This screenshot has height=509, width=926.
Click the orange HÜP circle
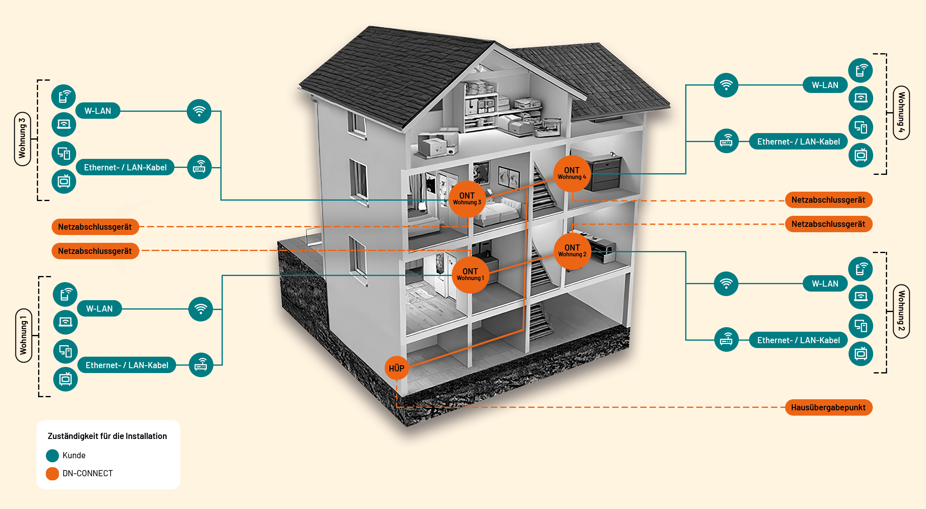[x=396, y=368]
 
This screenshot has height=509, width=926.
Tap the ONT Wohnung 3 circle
[x=467, y=199]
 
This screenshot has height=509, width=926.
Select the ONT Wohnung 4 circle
[x=572, y=174]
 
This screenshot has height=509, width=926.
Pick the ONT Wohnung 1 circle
[x=470, y=275]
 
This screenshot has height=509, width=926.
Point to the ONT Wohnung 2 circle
[x=572, y=251]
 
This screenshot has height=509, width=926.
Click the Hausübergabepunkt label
[x=829, y=407]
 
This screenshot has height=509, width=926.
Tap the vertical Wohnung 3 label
[x=22, y=139]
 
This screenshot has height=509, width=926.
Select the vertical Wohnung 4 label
[x=901, y=113]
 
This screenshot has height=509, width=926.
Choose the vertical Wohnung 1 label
[x=23, y=335]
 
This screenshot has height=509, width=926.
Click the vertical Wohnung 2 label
[x=901, y=311]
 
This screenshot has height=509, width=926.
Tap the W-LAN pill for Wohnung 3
[x=98, y=111]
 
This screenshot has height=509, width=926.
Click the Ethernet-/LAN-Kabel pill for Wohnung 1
[x=127, y=365]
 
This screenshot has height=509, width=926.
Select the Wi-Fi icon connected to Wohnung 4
[x=726, y=85]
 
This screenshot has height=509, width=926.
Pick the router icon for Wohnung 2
[x=726, y=339]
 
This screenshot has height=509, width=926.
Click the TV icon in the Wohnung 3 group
[x=64, y=181]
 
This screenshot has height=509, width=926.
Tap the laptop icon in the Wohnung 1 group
[x=66, y=322]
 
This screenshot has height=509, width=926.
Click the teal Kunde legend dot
[x=52, y=455]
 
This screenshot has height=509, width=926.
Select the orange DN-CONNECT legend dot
[x=52, y=473]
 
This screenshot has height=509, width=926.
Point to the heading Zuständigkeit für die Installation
[x=107, y=436]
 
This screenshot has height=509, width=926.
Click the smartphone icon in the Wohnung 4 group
[x=860, y=70]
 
